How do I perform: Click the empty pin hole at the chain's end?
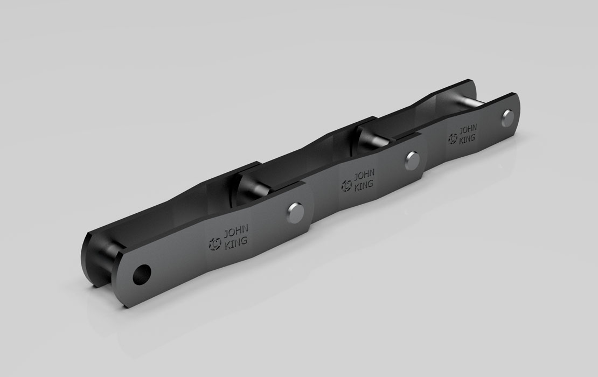coord(142,275)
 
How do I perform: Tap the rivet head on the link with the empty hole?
coord(294,211)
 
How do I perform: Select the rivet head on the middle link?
coord(413,160)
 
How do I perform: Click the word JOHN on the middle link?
coord(364,176)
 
